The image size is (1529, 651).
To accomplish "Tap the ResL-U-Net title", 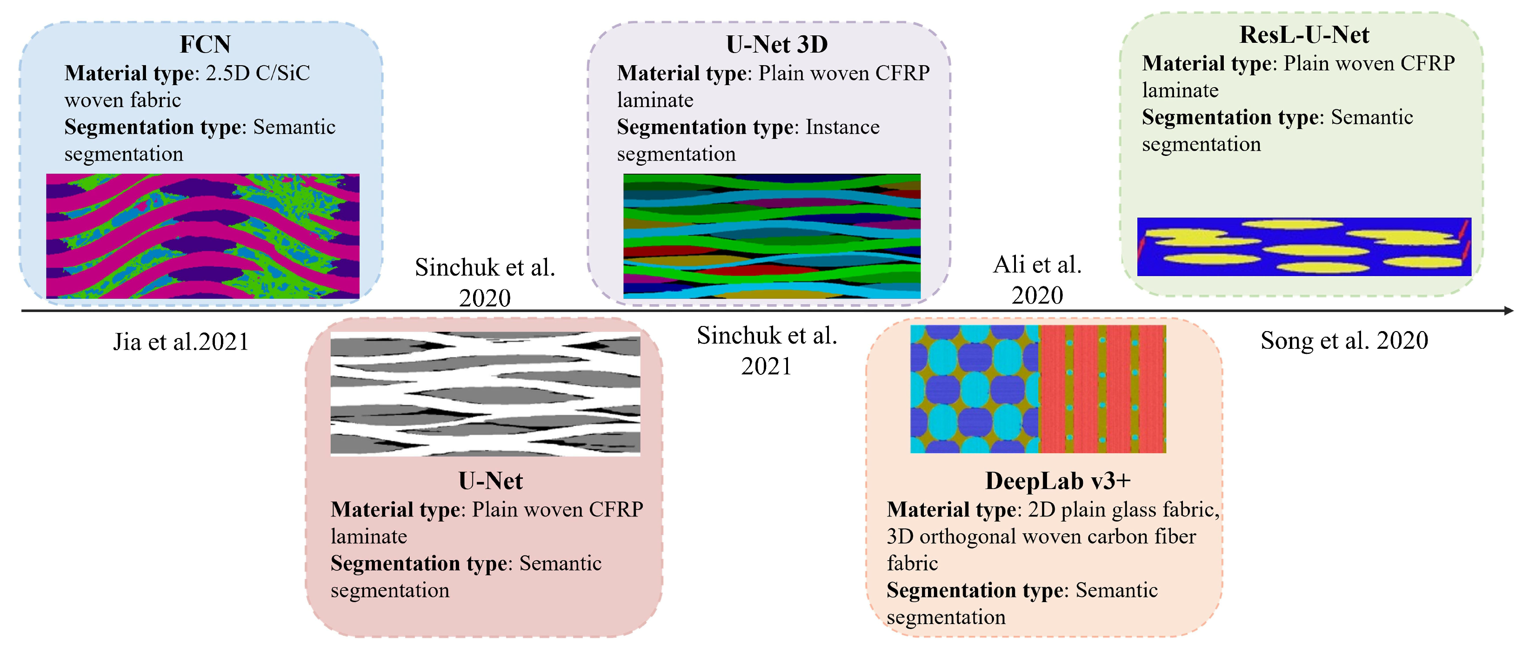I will click(1304, 35).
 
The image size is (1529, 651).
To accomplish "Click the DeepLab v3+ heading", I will click(1058, 481).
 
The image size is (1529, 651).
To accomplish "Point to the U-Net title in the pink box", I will click(490, 481).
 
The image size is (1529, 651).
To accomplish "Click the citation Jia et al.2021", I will click(180, 342).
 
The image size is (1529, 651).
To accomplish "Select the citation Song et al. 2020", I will click(1344, 341).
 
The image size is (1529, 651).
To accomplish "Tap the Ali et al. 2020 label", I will click(1037, 280).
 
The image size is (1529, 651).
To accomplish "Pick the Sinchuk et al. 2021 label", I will click(766, 351).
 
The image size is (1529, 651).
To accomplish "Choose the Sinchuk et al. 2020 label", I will click(484, 282).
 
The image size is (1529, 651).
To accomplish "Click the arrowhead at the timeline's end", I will click(1509, 311).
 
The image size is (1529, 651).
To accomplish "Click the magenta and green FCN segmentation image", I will click(202, 236).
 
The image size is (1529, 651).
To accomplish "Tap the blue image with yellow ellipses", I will click(1303, 246).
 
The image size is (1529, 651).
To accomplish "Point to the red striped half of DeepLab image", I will click(1102, 389).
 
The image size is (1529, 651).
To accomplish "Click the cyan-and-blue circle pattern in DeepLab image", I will click(974, 389).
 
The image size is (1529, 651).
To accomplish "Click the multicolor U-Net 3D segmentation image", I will click(772, 236).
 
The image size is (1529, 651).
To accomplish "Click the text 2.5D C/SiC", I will click(258, 73).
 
